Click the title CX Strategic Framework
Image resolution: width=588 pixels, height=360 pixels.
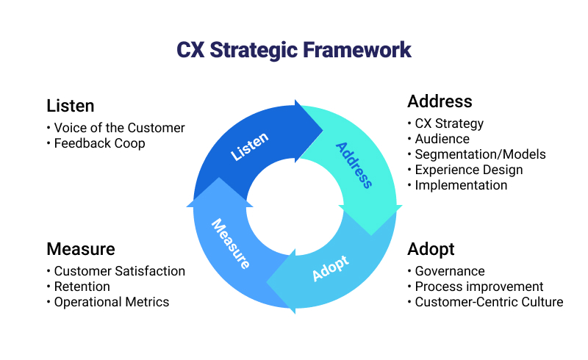(x=294, y=50)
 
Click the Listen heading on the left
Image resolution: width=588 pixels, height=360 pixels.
(x=70, y=105)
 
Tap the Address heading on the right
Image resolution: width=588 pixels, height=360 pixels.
(x=440, y=101)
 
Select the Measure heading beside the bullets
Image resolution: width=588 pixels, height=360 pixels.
(x=80, y=248)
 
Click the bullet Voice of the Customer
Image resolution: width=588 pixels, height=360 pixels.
(x=119, y=128)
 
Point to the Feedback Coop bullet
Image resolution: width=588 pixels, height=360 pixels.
(x=99, y=143)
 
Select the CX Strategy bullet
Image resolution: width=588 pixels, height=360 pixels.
(x=449, y=123)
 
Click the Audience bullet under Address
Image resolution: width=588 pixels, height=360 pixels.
(x=442, y=139)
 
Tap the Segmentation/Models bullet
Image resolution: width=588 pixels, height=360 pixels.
(x=480, y=154)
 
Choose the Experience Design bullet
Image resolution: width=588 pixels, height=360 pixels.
(x=469, y=170)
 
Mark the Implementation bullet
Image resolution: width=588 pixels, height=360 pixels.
(x=461, y=185)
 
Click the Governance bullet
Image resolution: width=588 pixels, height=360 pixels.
(x=450, y=271)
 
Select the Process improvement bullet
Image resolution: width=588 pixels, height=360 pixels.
(x=479, y=287)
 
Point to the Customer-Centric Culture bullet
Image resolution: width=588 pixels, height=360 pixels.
(x=489, y=302)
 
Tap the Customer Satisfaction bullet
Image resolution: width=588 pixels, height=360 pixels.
(x=119, y=271)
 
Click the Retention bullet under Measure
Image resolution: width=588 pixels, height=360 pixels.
(x=82, y=287)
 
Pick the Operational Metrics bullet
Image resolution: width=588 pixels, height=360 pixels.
(x=111, y=302)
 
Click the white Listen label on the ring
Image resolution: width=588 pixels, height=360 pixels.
(x=250, y=146)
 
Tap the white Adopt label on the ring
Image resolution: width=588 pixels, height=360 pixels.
(x=330, y=269)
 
